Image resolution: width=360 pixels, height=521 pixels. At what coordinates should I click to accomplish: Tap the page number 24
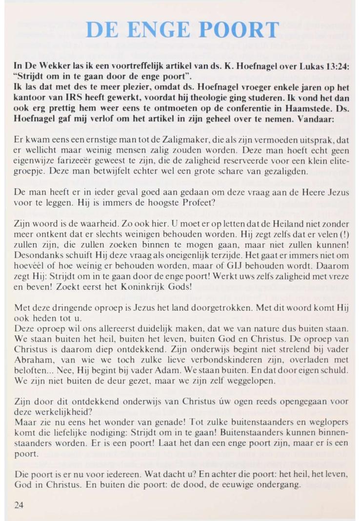point(20,505)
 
